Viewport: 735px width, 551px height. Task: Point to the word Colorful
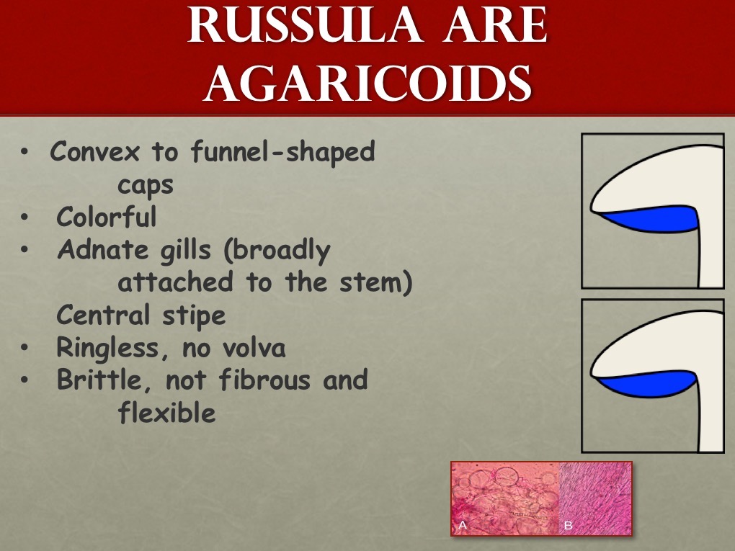106,216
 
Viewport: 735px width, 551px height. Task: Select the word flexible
166,413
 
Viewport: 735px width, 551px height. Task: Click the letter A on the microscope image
463,525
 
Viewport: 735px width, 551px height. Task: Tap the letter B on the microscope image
568,525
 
